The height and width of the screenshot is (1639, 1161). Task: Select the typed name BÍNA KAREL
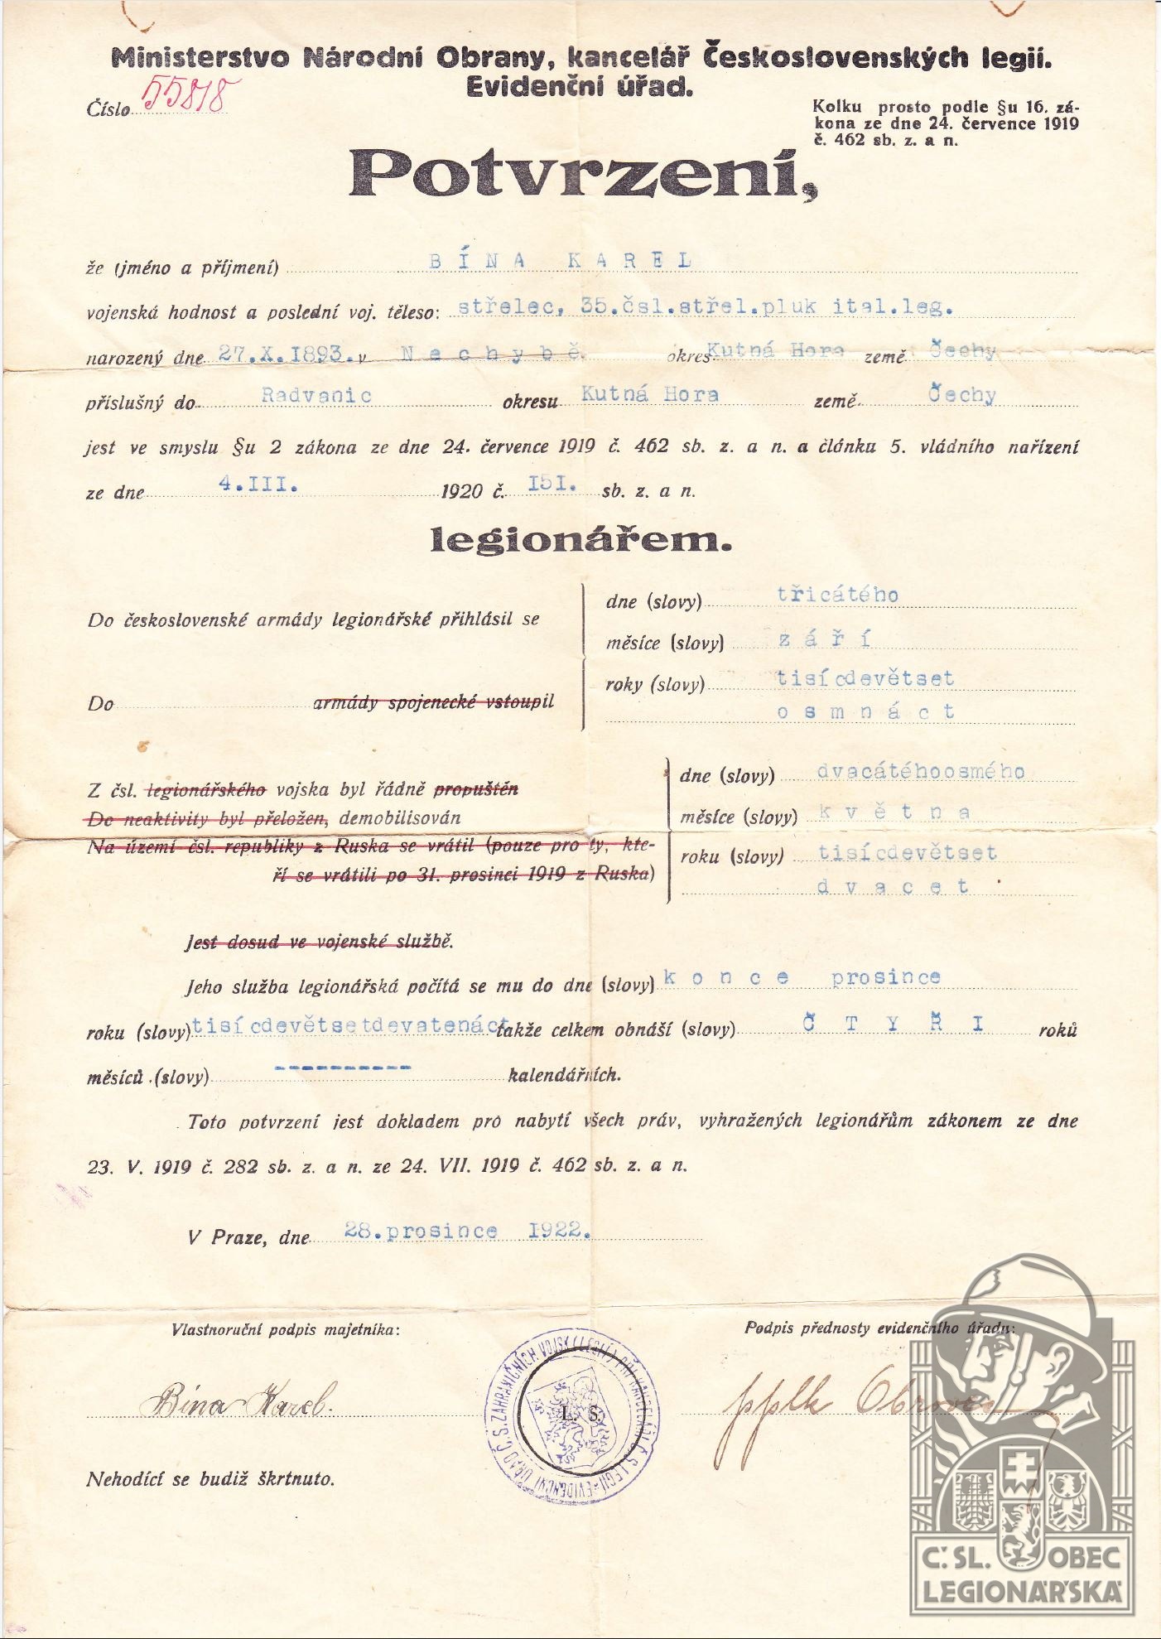[x=560, y=260]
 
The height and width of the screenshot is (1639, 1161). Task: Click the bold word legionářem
[x=580, y=540]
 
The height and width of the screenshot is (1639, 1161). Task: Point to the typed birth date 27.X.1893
[x=282, y=354]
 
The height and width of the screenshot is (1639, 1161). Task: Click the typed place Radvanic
[x=316, y=395]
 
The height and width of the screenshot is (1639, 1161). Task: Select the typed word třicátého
[x=837, y=595]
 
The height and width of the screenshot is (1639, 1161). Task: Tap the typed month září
[x=824, y=639]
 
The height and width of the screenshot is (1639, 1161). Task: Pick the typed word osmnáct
[x=865, y=711]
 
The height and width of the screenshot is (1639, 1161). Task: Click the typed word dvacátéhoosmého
[x=920, y=772]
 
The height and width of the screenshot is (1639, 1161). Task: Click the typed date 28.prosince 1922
[x=467, y=1231]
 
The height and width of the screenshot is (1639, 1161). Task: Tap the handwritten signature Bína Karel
[x=238, y=1401]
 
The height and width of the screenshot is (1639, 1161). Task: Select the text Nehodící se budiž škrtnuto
[x=210, y=1479]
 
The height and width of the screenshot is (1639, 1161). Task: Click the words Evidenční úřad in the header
[x=580, y=86]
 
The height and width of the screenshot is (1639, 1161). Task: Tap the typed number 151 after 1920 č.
[x=552, y=484]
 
